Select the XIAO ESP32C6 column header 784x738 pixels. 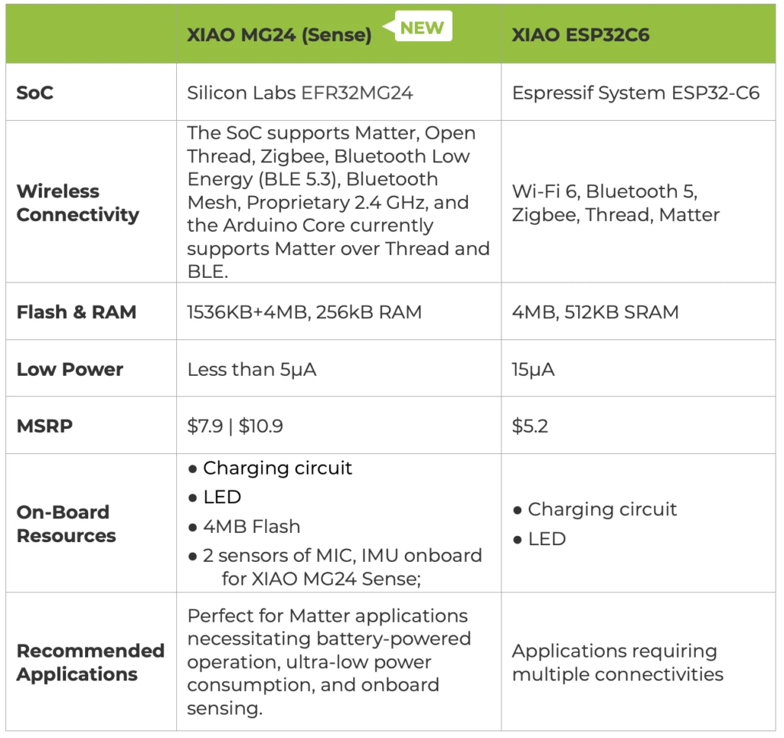580,35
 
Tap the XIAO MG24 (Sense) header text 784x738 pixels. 279,35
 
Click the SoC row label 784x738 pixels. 35,93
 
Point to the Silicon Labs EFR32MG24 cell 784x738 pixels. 300,93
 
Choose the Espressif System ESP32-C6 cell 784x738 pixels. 635,93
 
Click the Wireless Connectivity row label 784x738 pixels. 78,203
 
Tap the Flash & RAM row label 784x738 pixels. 77,312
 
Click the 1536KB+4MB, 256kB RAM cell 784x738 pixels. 305,312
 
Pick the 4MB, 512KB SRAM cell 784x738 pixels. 595,312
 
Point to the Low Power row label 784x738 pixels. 70,369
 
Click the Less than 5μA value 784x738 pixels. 251,370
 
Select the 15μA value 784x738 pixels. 533,370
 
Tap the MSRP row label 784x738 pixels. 44,426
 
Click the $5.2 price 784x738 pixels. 530,426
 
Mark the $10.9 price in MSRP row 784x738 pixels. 260,426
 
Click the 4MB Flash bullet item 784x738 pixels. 244,527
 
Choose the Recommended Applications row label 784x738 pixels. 90,662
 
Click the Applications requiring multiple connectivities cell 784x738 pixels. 618,662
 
